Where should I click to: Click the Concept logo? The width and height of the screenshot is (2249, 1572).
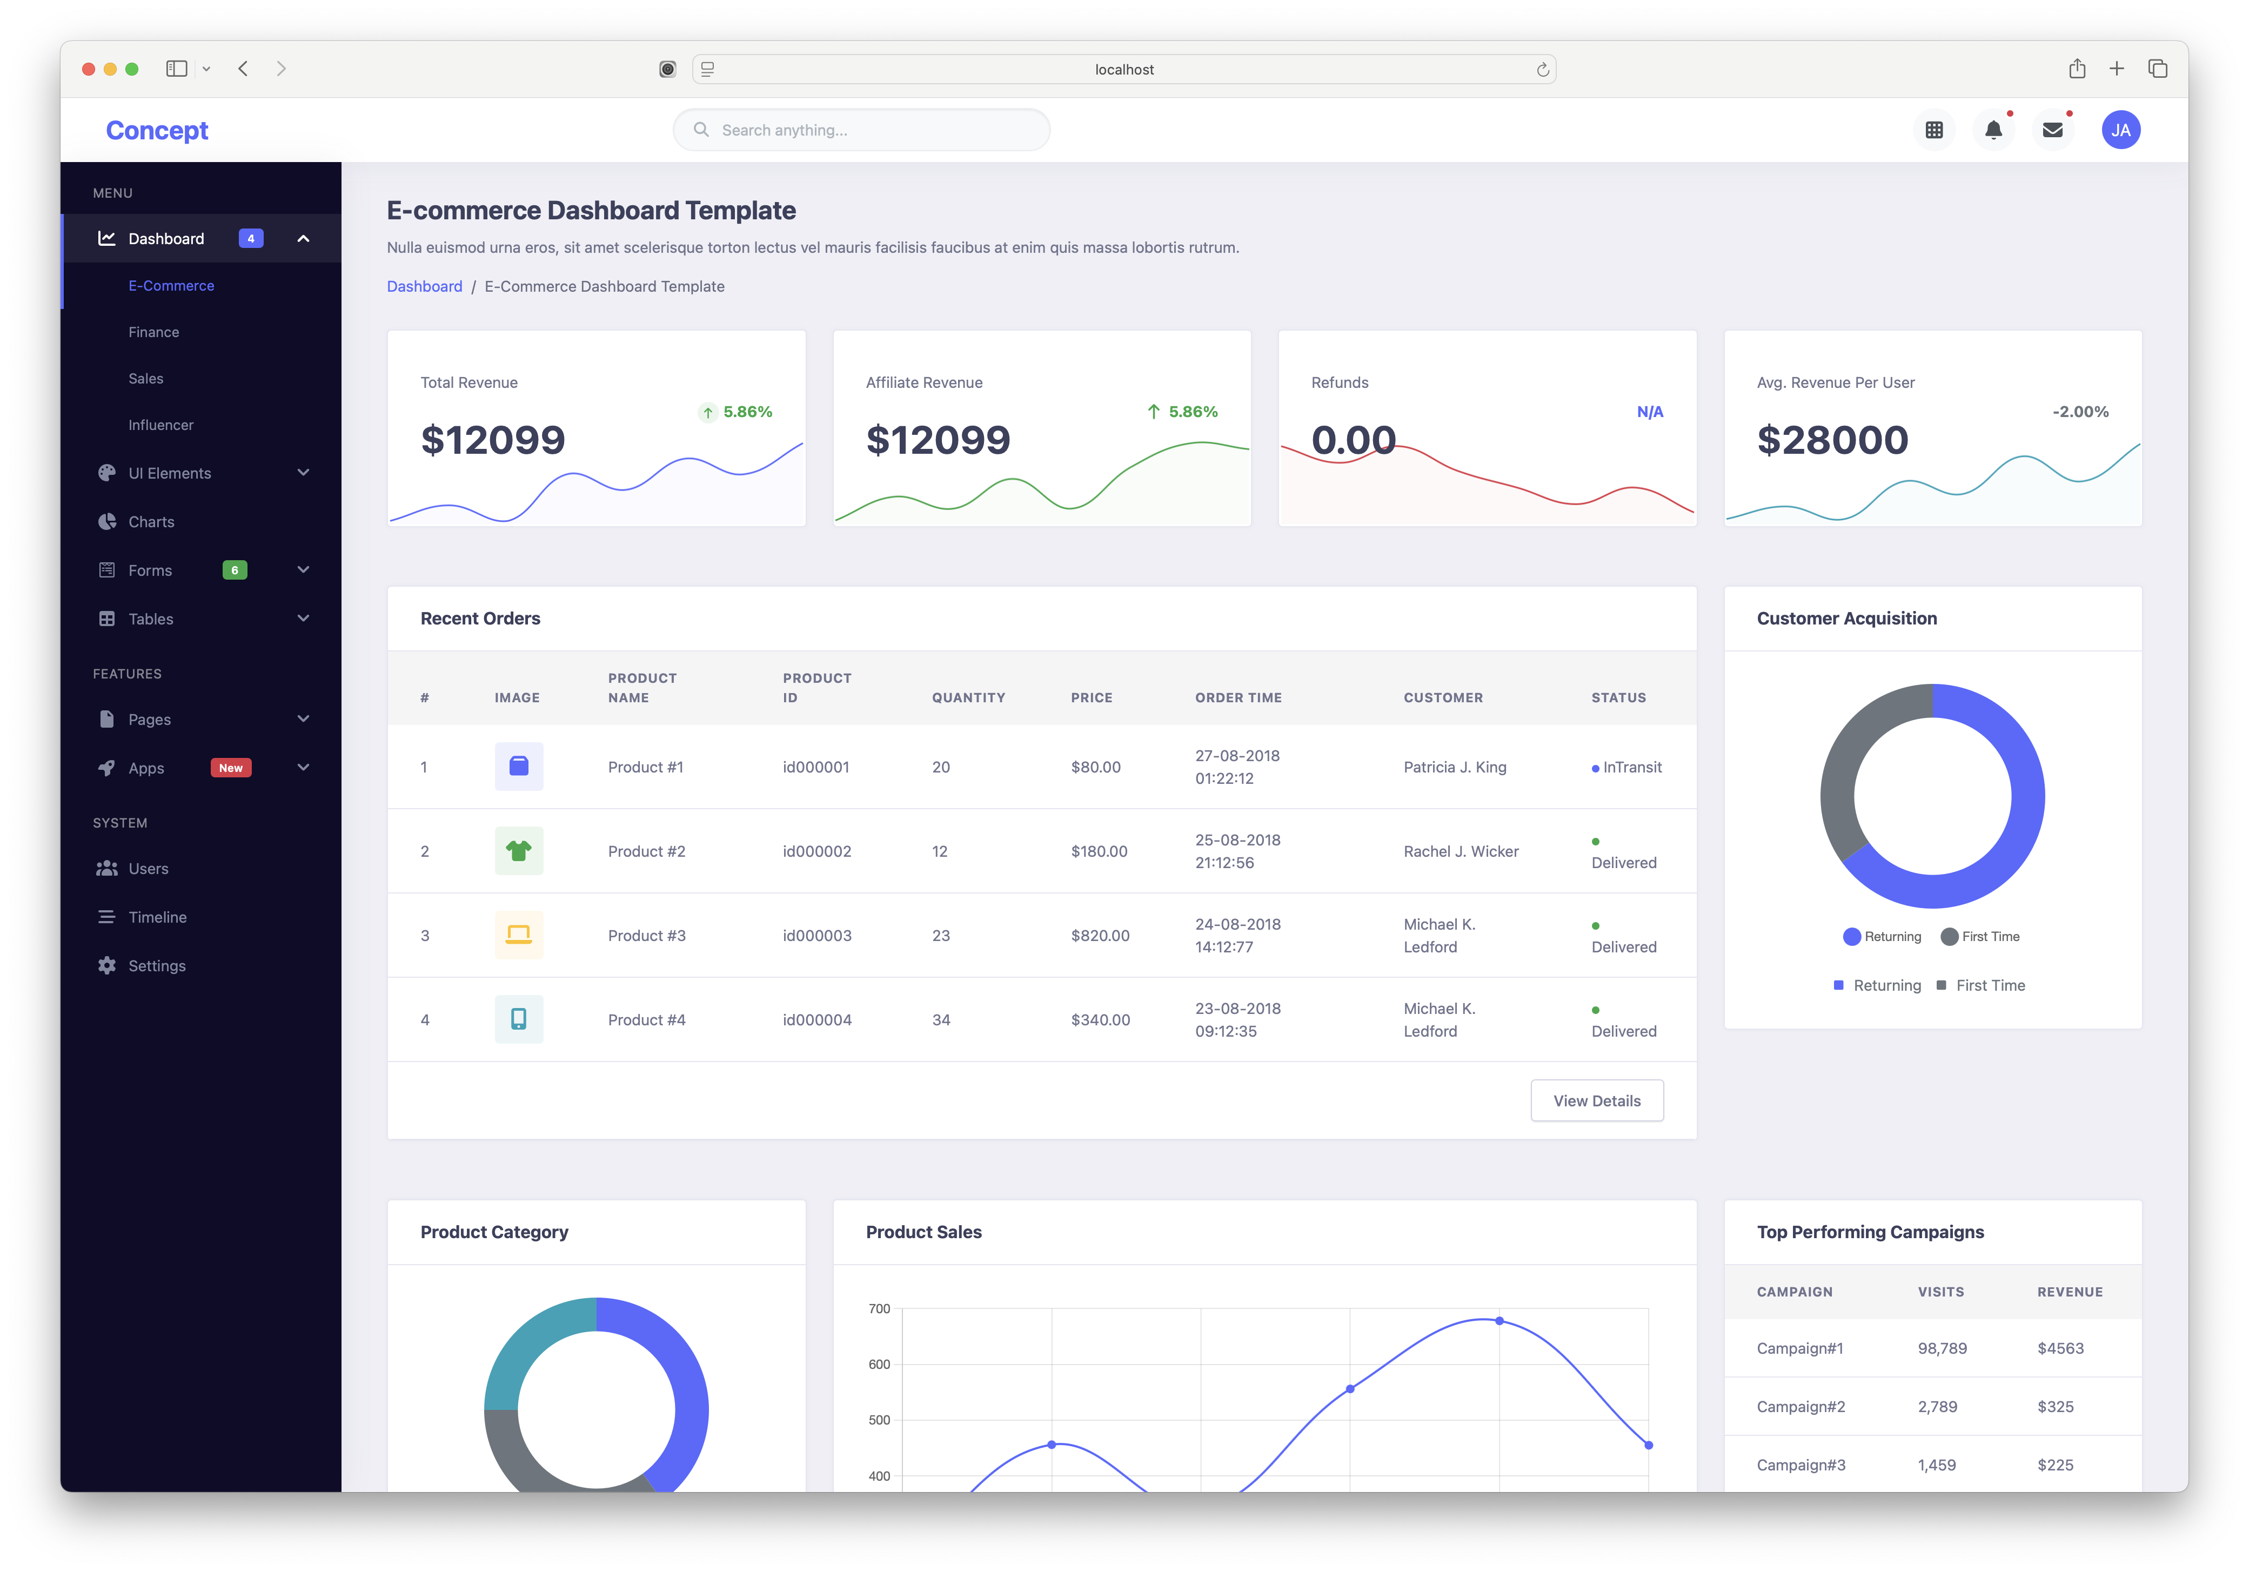[x=157, y=130]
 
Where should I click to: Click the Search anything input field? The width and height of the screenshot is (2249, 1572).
[x=862, y=130]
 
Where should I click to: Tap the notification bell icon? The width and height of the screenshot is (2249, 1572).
[x=1992, y=130]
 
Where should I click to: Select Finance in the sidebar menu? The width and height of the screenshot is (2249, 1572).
[x=154, y=332]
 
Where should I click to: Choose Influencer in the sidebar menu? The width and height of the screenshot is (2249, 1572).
[x=160, y=425]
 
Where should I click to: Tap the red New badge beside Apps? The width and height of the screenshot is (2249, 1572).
[x=231, y=768]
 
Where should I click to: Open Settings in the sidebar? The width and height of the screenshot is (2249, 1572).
[x=157, y=966]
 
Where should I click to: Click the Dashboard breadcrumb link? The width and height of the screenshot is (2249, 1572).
[x=424, y=286]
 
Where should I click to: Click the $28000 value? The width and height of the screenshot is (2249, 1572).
[x=1832, y=440]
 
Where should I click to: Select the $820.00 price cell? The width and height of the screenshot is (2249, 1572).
[x=1100, y=935]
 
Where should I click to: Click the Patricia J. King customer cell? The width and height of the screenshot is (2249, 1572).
[x=1455, y=767]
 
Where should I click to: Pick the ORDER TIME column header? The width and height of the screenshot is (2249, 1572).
[x=1238, y=697]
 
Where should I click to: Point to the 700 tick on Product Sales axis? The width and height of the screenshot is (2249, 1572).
[x=879, y=1308]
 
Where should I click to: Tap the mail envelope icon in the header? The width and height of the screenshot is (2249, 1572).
[x=2052, y=130]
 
